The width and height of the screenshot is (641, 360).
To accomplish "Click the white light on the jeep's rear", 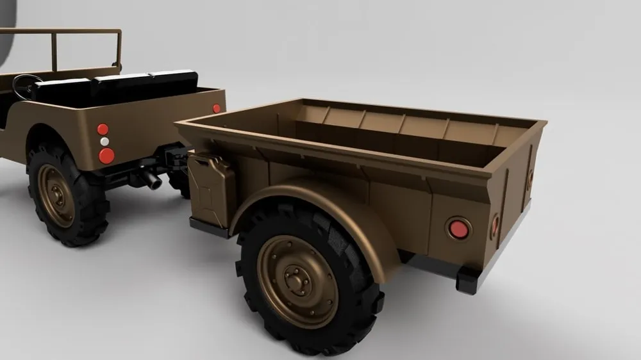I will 104,142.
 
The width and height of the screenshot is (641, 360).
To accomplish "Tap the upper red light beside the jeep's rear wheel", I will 103,129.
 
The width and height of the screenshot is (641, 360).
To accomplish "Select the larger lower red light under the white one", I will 106,156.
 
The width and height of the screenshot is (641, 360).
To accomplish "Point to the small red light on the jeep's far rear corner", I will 217,108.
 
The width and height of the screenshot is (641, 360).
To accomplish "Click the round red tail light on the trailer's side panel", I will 458,228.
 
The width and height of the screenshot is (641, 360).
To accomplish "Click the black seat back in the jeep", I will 115,86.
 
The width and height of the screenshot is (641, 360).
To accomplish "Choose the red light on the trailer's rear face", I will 495,224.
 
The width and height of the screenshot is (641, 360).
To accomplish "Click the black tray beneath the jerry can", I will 209,226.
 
